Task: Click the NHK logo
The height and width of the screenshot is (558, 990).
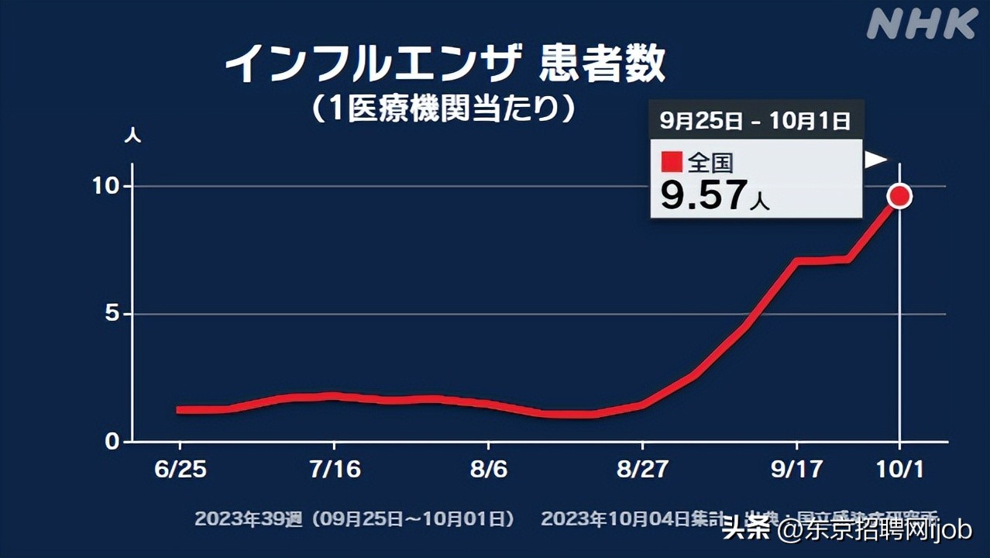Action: (x=921, y=25)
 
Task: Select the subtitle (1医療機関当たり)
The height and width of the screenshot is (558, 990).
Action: (x=445, y=108)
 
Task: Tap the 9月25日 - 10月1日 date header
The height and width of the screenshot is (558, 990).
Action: (x=755, y=120)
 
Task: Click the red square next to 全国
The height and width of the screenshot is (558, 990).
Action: (x=672, y=162)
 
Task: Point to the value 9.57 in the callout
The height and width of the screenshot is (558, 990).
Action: (x=703, y=196)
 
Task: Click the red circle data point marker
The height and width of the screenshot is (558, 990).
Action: (x=899, y=196)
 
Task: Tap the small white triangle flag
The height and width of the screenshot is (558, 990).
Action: (x=875, y=160)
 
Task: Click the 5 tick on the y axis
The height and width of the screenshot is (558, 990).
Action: (x=113, y=314)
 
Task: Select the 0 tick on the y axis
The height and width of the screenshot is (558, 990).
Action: (x=113, y=442)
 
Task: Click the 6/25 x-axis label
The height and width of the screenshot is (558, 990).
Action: (x=180, y=470)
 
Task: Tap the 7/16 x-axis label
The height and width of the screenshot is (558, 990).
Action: (x=334, y=470)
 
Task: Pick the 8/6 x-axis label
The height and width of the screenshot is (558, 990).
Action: (x=488, y=470)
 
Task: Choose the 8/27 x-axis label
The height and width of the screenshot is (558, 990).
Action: (x=642, y=470)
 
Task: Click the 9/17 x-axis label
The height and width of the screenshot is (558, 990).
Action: (x=796, y=470)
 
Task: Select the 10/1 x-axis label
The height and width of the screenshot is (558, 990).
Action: (x=899, y=470)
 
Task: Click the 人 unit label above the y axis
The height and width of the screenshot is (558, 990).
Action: (x=132, y=135)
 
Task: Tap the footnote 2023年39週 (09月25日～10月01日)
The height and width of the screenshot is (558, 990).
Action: (x=354, y=518)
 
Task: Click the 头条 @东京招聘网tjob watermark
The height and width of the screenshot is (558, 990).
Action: (x=846, y=532)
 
